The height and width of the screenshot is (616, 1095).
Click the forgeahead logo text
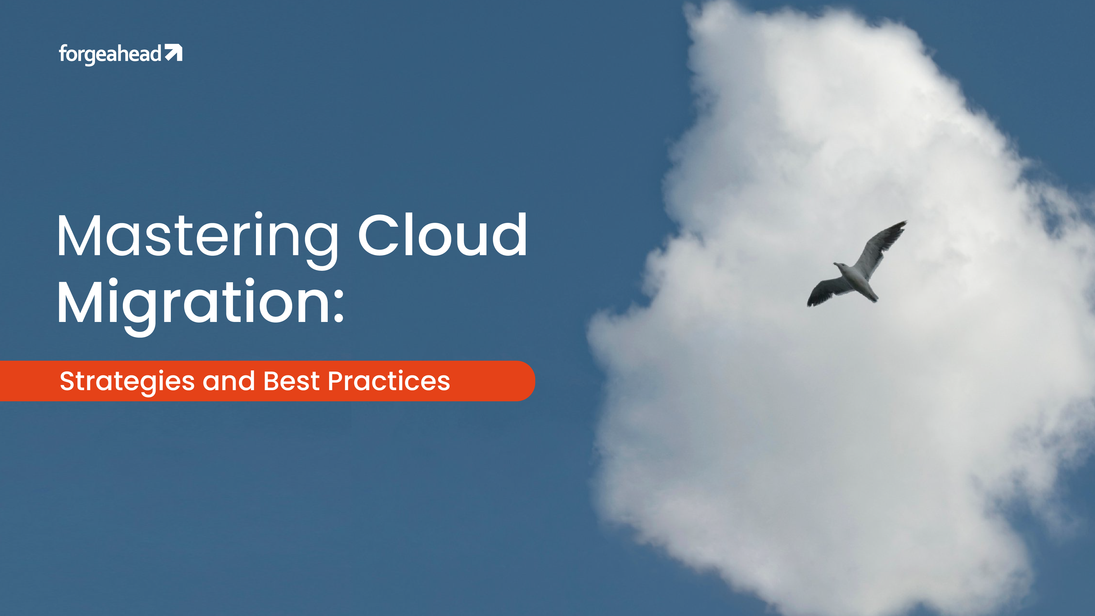click(x=110, y=54)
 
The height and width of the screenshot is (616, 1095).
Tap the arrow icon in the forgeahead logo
click(x=174, y=53)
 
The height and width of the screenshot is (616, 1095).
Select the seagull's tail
click(x=871, y=295)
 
